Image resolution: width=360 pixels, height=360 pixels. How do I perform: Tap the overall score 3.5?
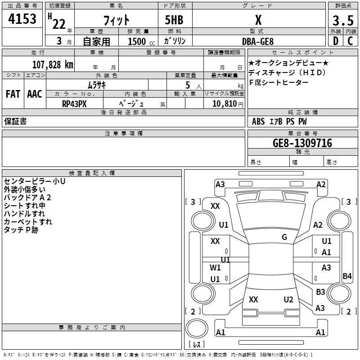342,20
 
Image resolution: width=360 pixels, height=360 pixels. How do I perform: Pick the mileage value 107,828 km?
52,64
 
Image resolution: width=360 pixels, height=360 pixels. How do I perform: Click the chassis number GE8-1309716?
302,143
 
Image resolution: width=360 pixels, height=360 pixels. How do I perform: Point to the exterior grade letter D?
336,41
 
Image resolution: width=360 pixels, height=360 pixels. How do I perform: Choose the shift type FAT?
13,94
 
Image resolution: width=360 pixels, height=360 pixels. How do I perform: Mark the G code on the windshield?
284,237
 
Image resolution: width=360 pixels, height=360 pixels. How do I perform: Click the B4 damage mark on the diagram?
347,276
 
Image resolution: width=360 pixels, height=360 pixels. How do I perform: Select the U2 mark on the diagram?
288,300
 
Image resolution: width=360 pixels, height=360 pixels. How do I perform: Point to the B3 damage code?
320,292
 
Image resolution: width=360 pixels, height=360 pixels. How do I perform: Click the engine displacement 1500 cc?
139,41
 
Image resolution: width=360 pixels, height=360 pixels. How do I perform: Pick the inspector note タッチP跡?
21,230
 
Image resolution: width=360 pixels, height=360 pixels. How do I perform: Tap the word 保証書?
15,121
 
